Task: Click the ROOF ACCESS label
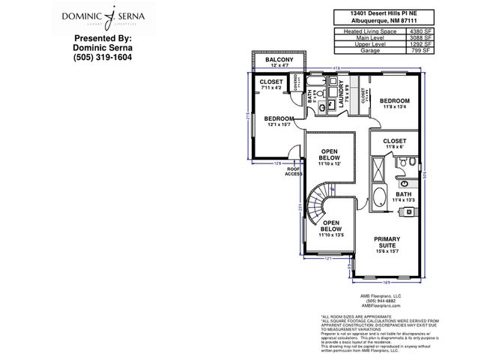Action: click(x=294, y=171)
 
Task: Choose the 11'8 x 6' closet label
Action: click(x=394, y=143)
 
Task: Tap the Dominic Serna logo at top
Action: click(x=103, y=16)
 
